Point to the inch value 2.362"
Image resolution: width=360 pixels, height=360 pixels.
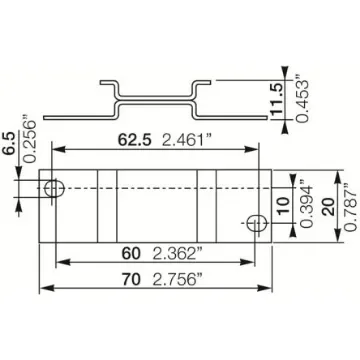160,254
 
